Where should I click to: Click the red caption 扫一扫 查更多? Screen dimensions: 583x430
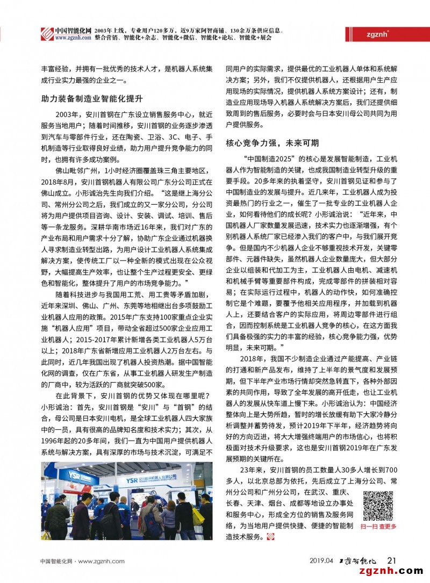[x=378, y=527]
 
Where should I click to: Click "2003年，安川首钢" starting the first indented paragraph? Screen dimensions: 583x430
[x=81, y=114]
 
